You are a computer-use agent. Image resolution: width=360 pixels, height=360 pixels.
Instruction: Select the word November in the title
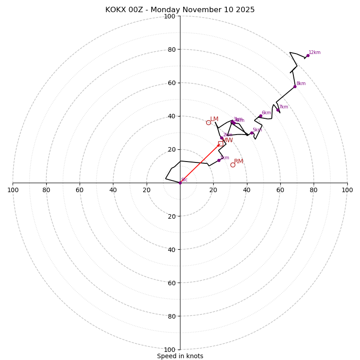click(x=202, y=10)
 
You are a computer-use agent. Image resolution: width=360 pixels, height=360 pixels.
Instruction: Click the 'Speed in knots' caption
click(x=180, y=356)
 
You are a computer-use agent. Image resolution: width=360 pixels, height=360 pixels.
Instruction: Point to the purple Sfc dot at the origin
click(x=180, y=183)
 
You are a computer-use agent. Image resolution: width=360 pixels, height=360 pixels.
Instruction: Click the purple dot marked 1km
click(x=219, y=160)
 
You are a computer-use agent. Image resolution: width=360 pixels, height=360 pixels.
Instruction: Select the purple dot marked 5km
click(x=252, y=133)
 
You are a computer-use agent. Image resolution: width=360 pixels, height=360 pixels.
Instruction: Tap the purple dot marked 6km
click(x=261, y=116)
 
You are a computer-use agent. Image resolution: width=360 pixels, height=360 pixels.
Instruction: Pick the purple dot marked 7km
click(x=278, y=110)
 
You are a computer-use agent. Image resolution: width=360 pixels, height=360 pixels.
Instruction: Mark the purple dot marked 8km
click(x=295, y=86)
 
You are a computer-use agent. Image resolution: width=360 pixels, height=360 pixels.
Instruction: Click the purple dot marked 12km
click(x=308, y=55)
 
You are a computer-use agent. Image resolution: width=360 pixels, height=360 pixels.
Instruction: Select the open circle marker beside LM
click(x=208, y=122)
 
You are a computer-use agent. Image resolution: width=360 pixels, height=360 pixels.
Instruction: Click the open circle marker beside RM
click(x=233, y=165)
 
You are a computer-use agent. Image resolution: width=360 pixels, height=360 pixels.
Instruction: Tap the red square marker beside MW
click(x=220, y=144)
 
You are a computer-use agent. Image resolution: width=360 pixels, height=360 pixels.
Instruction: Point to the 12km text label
click(x=315, y=53)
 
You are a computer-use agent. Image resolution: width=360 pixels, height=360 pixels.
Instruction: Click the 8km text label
click(x=301, y=84)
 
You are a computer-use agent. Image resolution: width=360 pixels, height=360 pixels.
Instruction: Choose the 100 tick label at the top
click(x=169, y=17)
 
